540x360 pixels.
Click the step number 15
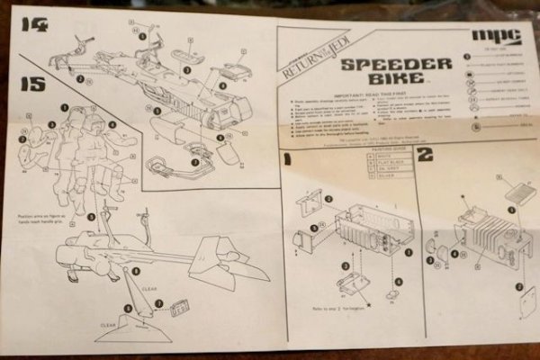(33, 85)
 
